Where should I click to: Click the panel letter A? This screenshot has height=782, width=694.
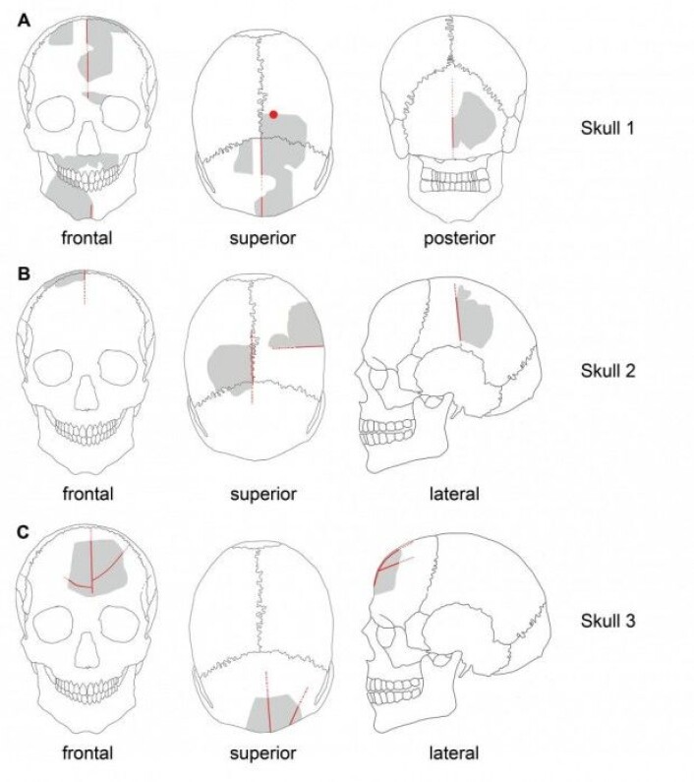(x=24, y=21)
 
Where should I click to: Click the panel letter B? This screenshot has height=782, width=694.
(x=24, y=273)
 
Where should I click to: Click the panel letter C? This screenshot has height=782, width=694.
(x=24, y=532)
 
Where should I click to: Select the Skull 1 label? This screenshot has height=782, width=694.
(x=607, y=128)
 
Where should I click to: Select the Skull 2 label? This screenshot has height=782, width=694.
(x=607, y=371)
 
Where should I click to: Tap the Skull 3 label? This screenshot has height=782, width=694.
(x=607, y=621)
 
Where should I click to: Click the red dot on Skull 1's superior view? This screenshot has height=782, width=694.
(x=273, y=115)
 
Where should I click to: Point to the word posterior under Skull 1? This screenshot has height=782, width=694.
(x=459, y=239)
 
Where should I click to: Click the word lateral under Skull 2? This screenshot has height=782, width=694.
(x=454, y=494)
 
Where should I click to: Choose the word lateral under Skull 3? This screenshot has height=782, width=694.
(x=454, y=752)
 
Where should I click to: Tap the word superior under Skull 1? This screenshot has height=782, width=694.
(x=262, y=239)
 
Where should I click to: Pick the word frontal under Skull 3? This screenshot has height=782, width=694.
(x=87, y=752)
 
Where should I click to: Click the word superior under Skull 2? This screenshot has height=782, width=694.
(x=263, y=495)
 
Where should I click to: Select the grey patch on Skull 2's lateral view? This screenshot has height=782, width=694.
(x=475, y=319)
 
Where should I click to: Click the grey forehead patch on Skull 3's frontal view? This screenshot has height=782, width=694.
(x=97, y=568)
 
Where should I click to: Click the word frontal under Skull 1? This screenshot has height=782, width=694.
(x=87, y=238)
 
